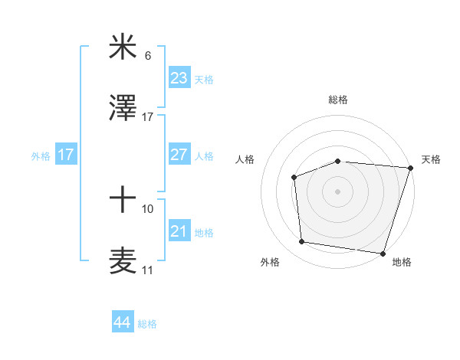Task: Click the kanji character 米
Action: pos(123,47)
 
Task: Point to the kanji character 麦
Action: pos(123,260)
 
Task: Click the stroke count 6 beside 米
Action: pos(148,56)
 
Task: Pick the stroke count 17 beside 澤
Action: pos(148,117)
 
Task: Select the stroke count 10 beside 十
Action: pos(148,208)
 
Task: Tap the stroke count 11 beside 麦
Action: pos(148,270)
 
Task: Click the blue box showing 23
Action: pos(179,77)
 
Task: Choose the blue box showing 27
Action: pos(179,154)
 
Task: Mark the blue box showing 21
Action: pos(179,231)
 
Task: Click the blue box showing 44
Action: pos(122,322)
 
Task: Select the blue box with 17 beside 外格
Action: pos(66,154)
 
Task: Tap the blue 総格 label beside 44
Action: pos(147,324)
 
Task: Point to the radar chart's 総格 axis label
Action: pos(338,100)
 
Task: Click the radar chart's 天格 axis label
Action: pos(431,159)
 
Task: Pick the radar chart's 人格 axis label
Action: pos(246,159)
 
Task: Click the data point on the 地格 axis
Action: pos(382,253)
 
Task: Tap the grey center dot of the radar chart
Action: pos(337,191)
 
